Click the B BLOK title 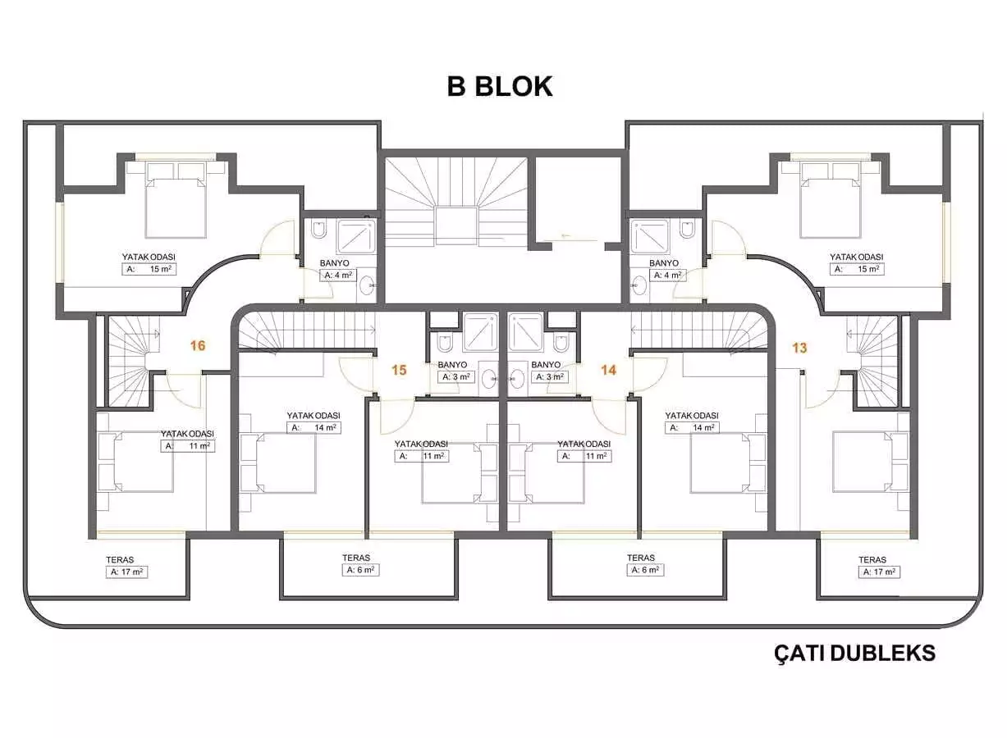pos(500,86)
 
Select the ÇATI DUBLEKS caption pos(854,653)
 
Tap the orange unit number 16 pos(197,346)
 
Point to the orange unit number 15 pos(399,370)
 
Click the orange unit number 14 pos(608,370)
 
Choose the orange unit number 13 pos(799,348)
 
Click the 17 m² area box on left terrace pos(126,572)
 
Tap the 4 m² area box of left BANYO pos(338,276)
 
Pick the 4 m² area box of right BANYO pos(667,276)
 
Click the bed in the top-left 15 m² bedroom pos(175,201)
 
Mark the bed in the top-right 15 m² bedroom pos(831,201)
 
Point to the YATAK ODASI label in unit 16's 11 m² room pos(187,434)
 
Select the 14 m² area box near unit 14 pos(693,427)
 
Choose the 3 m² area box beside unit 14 pos(550,377)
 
